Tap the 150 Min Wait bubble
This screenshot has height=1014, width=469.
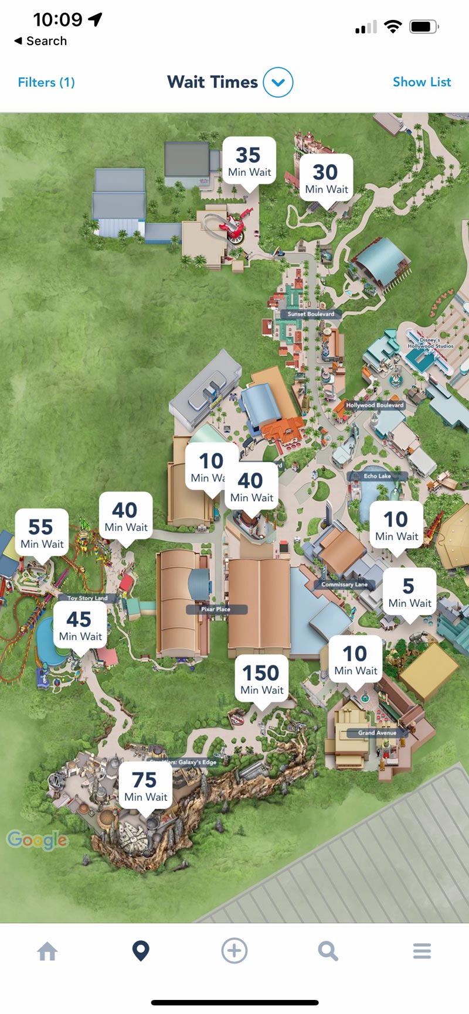261,680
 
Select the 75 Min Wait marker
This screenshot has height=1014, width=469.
145,787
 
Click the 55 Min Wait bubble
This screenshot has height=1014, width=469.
42,534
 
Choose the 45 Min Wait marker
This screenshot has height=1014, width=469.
80,626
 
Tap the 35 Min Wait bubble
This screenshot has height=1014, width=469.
249,162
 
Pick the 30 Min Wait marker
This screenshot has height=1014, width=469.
326,179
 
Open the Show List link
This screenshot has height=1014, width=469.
422,82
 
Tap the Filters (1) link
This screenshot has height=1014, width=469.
46,82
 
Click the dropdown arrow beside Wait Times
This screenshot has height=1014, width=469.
278,83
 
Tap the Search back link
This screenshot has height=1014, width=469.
40,41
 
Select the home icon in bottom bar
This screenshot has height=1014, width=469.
47,951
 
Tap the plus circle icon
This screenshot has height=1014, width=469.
234,951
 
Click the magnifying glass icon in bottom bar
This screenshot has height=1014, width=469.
328,951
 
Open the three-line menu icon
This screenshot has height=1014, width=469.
422,951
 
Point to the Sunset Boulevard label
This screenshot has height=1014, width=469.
311,314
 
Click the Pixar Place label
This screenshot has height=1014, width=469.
216,609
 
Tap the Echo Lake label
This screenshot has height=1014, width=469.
377,476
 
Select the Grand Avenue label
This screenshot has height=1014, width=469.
377,733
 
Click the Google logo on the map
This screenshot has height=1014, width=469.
38,840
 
